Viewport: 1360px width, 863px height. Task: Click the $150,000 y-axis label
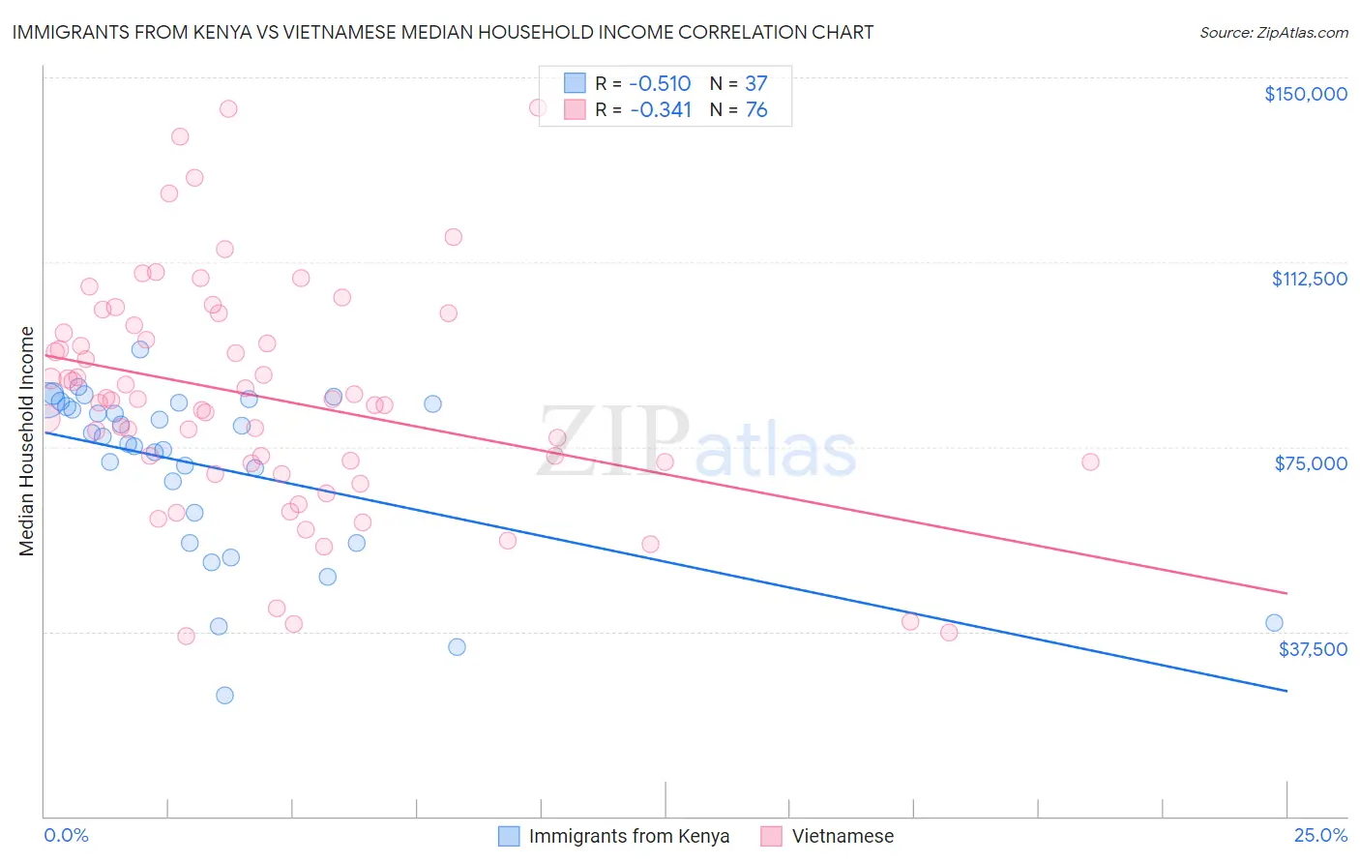click(1305, 94)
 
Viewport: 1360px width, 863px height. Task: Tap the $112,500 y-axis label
click(1309, 279)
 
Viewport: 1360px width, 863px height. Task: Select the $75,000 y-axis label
click(1311, 463)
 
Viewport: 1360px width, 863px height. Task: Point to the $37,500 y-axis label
click(1313, 649)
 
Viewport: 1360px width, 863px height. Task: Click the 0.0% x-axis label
click(66, 835)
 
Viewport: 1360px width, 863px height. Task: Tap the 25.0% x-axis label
click(1320, 835)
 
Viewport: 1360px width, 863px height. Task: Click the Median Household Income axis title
click(26, 441)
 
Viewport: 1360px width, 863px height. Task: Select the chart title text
click(443, 32)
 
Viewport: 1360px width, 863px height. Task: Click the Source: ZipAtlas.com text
click(1273, 33)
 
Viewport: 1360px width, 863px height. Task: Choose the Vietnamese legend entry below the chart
click(843, 836)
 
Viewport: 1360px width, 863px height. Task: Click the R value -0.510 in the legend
click(660, 83)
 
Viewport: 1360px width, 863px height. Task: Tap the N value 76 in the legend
click(756, 110)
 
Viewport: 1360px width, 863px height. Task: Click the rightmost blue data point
click(1274, 623)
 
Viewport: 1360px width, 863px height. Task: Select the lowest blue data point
click(224, 695)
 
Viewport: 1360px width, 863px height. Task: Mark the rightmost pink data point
click(1090, 461)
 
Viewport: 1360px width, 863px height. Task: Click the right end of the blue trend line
click(1286, 691)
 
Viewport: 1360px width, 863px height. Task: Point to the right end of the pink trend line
click(1286, 593)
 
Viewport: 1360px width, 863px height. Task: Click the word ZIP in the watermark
click(613, 441)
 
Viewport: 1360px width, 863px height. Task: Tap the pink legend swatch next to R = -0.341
click(575, 109)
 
